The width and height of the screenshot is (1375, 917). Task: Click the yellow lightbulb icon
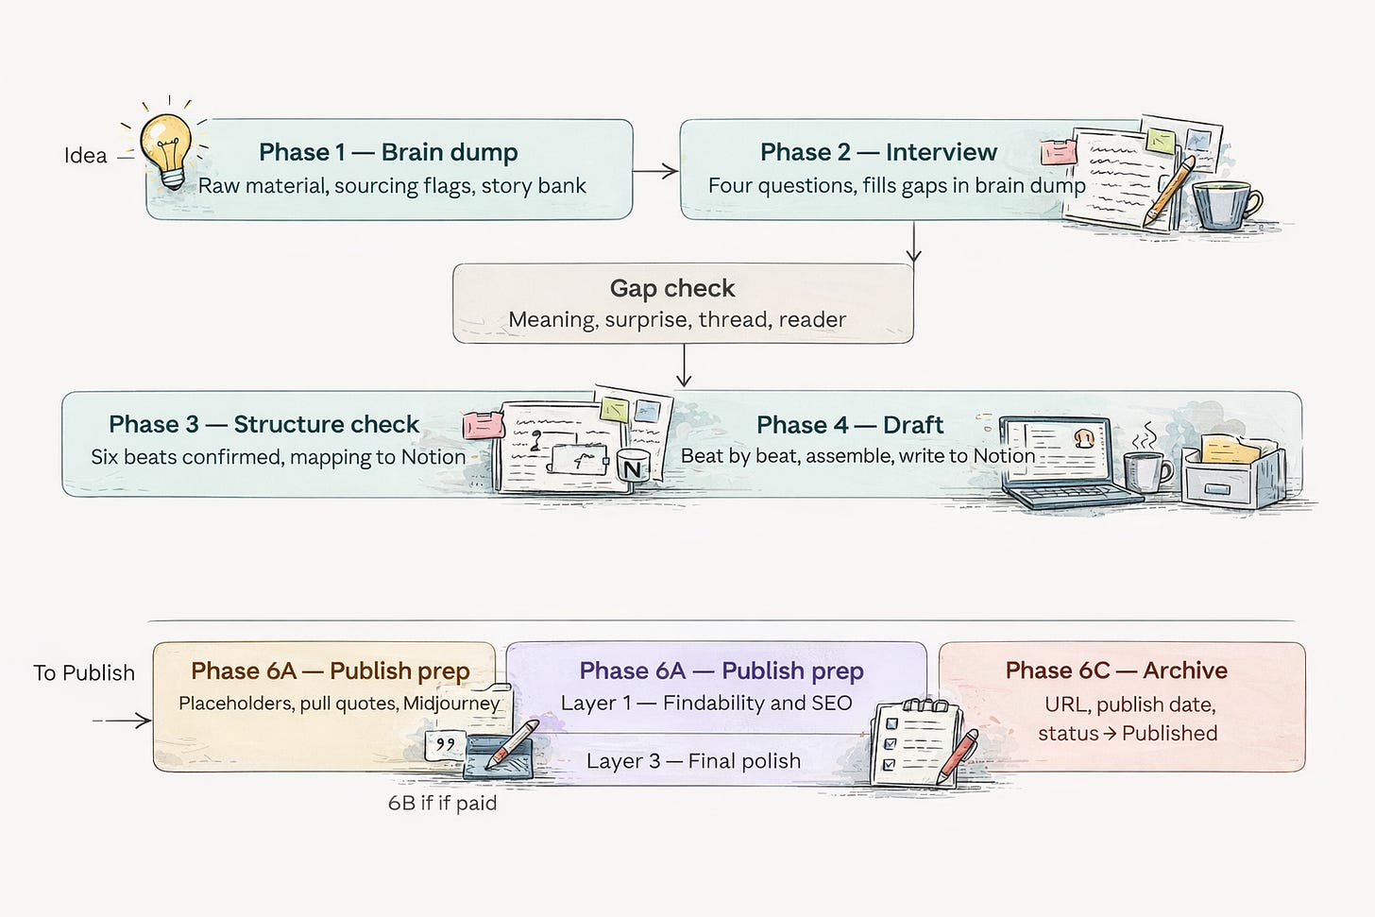(166, 147)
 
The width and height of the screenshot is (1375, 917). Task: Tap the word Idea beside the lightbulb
(85, 156)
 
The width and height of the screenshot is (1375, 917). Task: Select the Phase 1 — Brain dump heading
(388, 152)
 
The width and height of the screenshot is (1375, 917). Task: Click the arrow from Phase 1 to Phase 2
(656, 171)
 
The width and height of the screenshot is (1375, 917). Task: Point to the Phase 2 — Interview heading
(878, 152)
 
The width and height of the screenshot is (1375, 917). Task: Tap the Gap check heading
(672, 288)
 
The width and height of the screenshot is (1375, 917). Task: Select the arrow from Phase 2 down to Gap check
(913, 243)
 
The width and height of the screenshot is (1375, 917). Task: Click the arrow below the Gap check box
(684, 366)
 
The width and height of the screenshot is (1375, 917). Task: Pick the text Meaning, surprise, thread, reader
(677, 319)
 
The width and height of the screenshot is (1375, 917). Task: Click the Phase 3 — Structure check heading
(263, 424)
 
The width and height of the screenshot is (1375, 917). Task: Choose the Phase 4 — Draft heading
(850, 425)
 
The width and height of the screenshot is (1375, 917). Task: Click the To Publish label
(84, 673)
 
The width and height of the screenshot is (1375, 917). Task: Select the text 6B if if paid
(442, 803)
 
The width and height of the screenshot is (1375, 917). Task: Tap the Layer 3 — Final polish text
(693, 761)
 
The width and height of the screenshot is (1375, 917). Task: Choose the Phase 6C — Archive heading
(1116, 671)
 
